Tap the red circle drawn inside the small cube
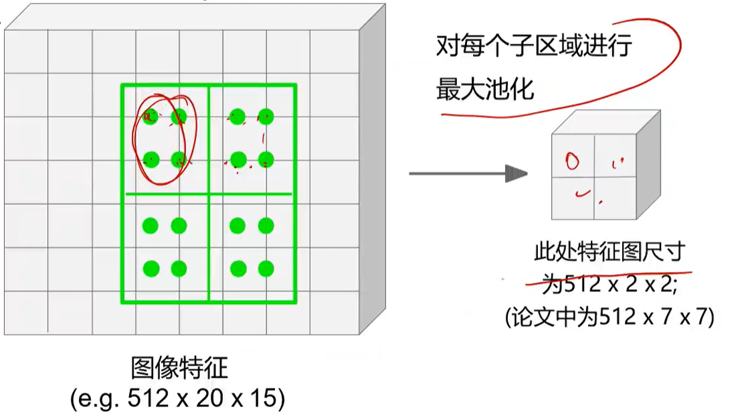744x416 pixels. pyautogui.click(x=572, y=161)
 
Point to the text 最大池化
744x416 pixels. pyautogui.click(x=485, y=88)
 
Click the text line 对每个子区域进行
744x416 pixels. pyautogui.click(x=534, y=47)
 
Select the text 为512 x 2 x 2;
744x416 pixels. pyautogui.click(x=610, y=284)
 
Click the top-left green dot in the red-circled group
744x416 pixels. pyautogui.click(x=151, y=117)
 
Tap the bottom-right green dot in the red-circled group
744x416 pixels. pyautogui.click(x=179, y=159)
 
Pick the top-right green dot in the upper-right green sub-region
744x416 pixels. pyautogui.click(x=266, y=117)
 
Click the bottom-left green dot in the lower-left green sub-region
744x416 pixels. pyautogui.click(x=151, y=269)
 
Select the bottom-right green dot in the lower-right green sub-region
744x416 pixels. pyautogui.click(x=266, y=269)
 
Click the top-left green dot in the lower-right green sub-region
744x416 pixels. pyautogui.click(x=238, y=226)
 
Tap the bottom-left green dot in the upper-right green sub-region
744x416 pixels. pyautogui.click(x=238, y=159)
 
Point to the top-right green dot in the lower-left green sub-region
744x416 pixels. pyautogui.click(x=179, y=226)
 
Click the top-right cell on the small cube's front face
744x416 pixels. pyautogui.click(x=614, y=156)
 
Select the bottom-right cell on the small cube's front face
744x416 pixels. pyautogui.click(x=614, y=198)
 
